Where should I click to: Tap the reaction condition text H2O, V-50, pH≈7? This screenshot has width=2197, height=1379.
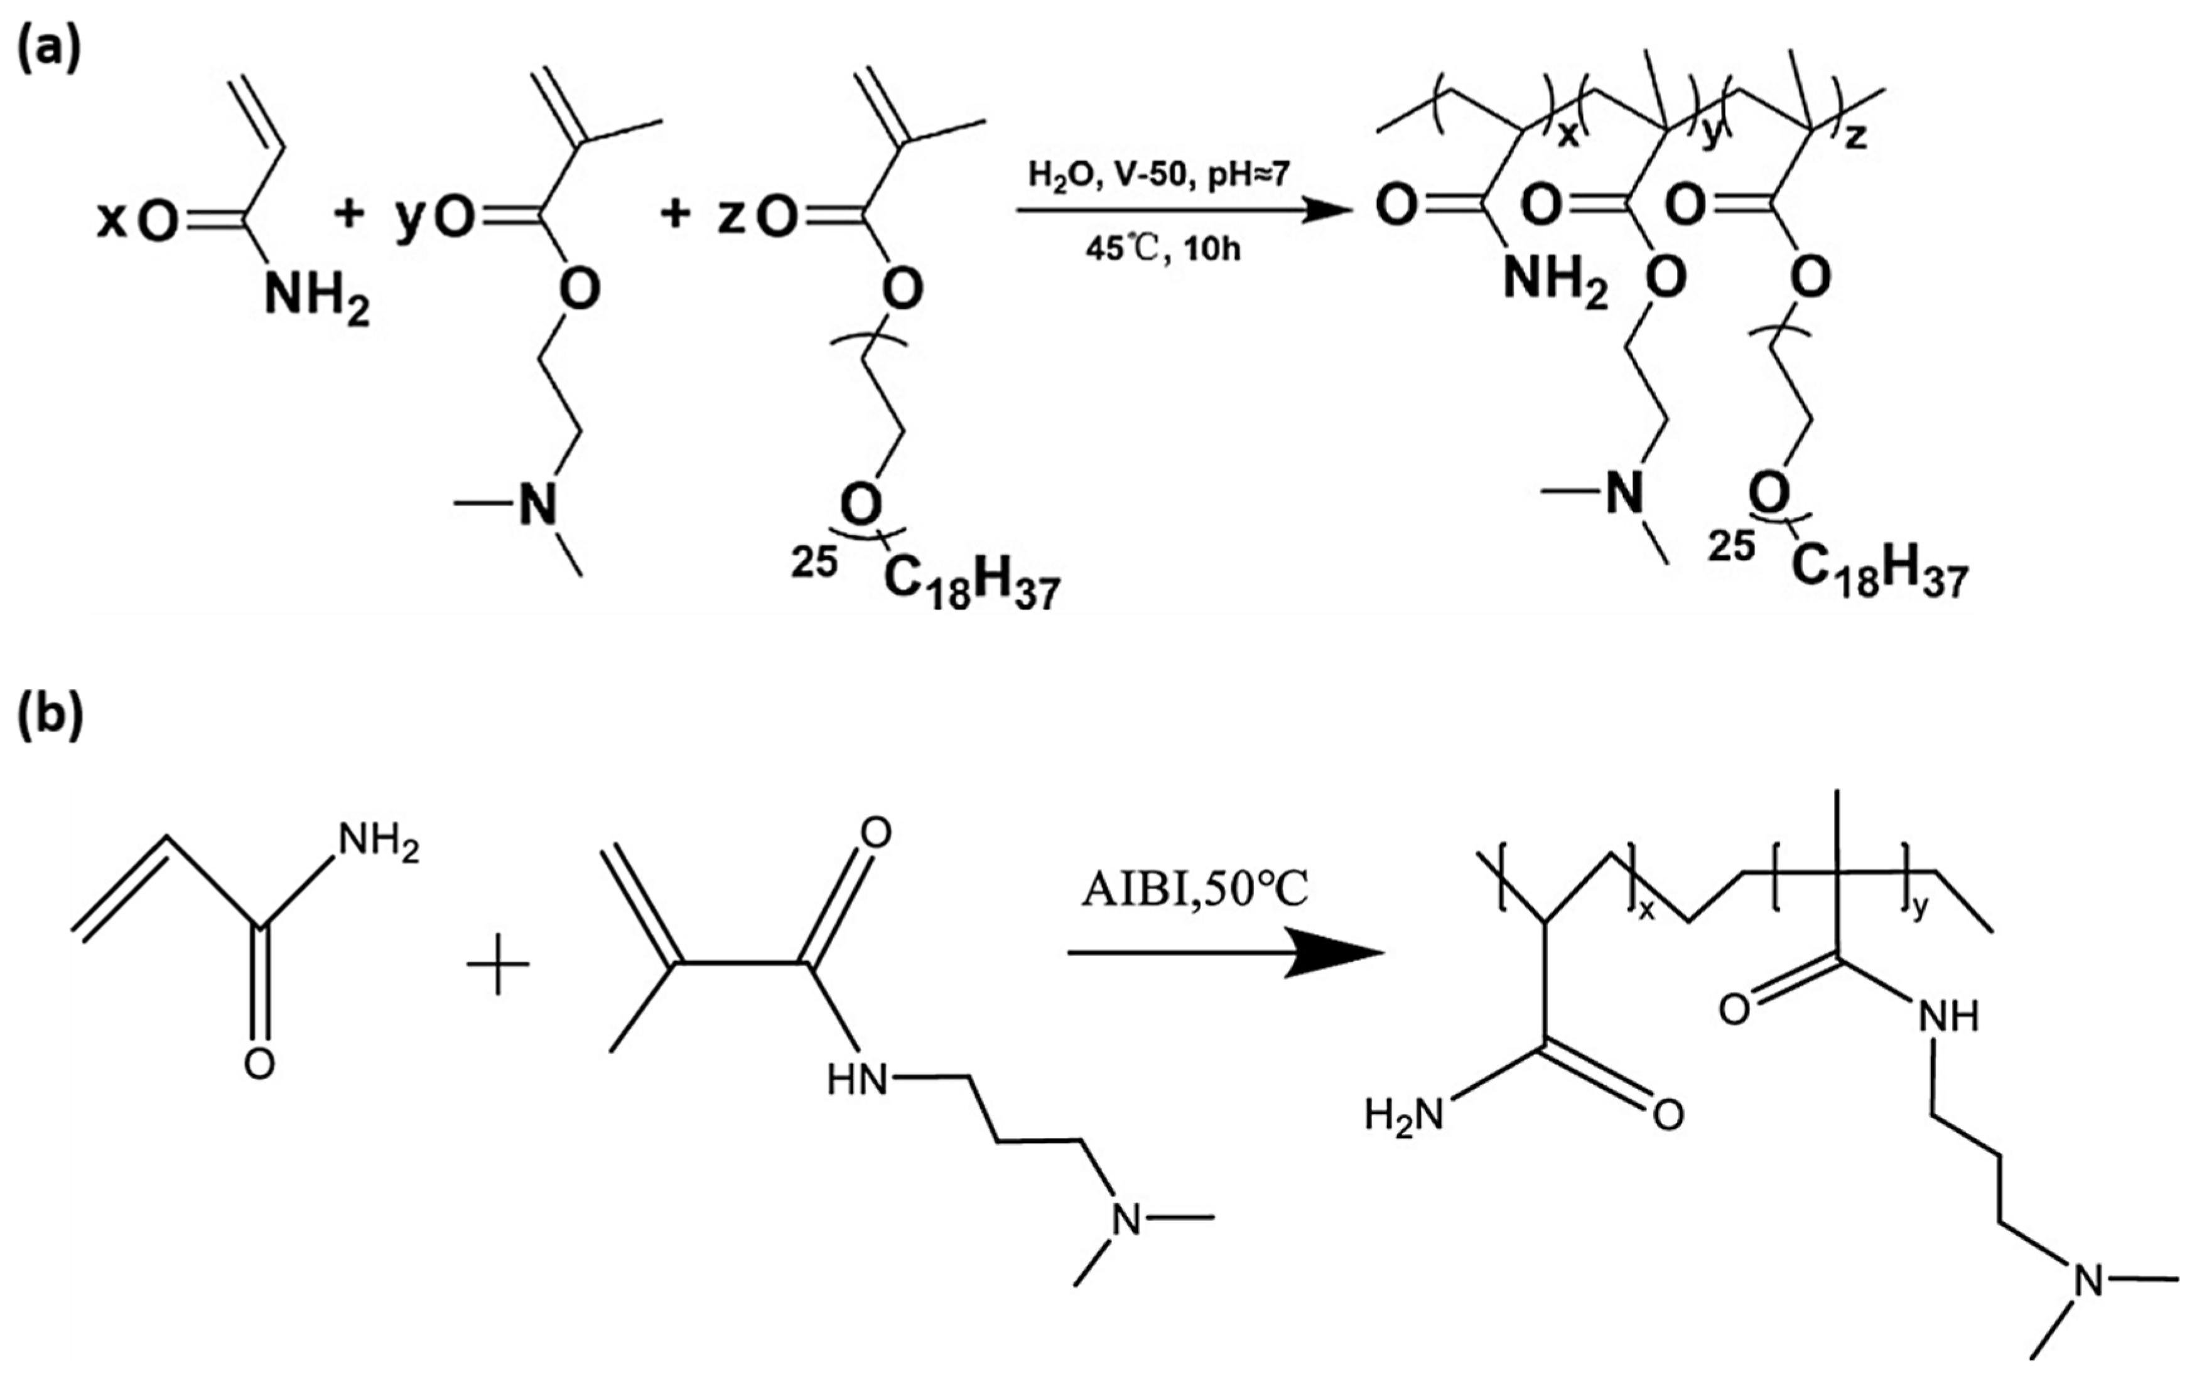click(1158, 173)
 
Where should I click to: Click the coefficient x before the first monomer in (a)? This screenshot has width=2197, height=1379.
click(111, 221)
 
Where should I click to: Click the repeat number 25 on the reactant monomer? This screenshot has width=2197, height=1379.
click(814, 562)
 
